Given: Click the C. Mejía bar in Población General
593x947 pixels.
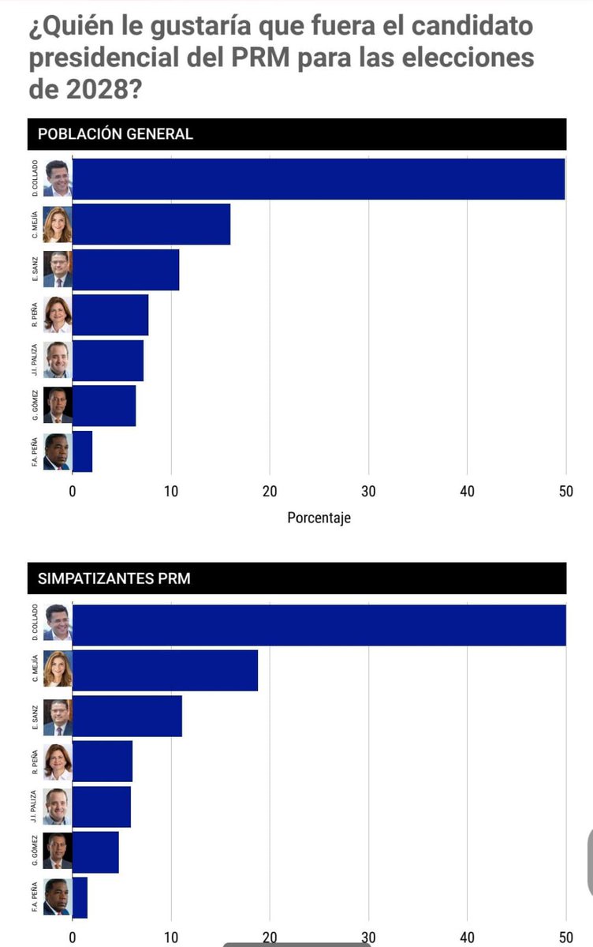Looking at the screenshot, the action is [151, 224].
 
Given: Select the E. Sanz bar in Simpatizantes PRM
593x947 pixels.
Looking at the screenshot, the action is [127, 717].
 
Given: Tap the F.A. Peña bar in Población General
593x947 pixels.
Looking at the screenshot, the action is [82, 451].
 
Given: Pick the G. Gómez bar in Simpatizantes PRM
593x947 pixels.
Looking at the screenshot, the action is [95, 852].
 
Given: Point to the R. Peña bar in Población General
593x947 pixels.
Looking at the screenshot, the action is [110, 315].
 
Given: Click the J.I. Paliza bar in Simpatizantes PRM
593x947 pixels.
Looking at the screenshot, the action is [102, 807].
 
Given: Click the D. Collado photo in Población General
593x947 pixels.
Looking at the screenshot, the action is [58, 178].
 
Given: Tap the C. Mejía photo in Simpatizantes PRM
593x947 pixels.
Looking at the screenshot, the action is [58, 668].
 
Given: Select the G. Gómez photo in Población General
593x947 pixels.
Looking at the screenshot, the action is [58, 405].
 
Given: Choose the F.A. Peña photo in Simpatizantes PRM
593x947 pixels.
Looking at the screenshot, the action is [58, 896].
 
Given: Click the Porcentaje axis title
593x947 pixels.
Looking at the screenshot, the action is [319, 518].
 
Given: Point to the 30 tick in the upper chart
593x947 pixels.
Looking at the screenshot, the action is [368, 491].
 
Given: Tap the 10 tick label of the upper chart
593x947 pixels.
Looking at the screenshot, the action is [171, 491].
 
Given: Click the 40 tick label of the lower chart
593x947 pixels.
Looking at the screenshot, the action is [467, 938].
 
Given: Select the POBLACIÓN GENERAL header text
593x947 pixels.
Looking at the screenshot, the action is [115, 134].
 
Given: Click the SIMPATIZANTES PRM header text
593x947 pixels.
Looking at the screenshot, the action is [114, 578].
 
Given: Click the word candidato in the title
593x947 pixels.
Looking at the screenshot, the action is [472, 26].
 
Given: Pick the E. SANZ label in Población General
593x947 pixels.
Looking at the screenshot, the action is [35, 269].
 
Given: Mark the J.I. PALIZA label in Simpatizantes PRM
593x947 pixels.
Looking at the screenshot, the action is [34, 807].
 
